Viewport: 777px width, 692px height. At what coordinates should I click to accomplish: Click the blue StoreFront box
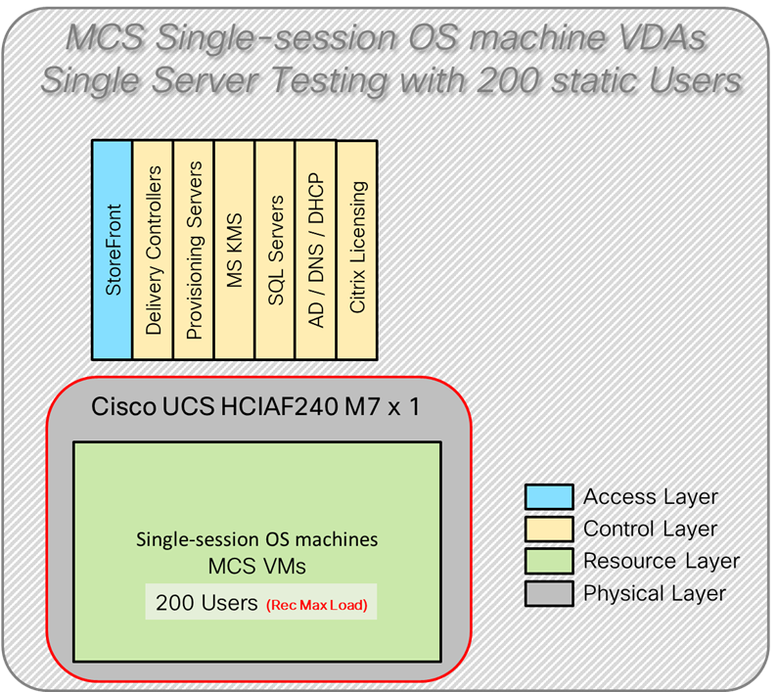point(112,250)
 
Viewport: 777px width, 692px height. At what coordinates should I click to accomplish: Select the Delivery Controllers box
point(152,250)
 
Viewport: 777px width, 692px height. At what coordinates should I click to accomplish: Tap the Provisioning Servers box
point(193,250)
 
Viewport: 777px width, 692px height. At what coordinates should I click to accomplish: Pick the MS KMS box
point(234,250)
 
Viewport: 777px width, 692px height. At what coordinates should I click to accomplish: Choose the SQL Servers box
point(275,250)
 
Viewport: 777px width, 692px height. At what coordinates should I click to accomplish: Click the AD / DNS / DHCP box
point(315,250)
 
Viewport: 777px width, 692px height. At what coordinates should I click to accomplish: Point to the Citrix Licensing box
point(356,250)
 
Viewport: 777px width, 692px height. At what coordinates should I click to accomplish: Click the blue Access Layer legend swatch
point(548,497)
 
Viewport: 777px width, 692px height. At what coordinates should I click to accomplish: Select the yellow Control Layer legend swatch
point(548,530)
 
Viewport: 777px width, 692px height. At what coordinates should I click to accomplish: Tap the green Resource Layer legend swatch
point(548,562)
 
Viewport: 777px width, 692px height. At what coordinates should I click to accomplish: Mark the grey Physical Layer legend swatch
point(548,594)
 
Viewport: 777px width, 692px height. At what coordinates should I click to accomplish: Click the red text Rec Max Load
point(316,605)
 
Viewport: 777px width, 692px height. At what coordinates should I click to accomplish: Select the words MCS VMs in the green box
point(256,567)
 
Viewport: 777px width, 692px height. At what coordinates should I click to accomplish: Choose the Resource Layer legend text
point(661,562)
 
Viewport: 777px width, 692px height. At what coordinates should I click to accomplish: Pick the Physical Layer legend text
point(655,594)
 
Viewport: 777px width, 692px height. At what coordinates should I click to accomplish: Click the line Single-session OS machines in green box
point(256,539)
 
